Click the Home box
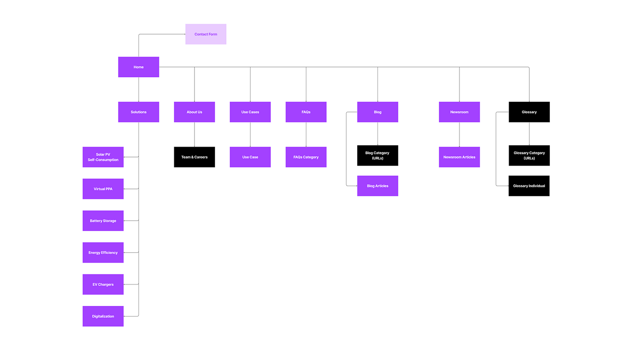tap(139, 67)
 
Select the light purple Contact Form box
tap(206, 34)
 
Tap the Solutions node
tap(139, 112)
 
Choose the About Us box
tap(194, 112)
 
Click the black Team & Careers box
tap(194, 157)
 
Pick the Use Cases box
tap(250, 112)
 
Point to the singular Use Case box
tap(250, 157)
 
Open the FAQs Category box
tap(306, 157)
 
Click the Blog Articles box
tap(377, 186)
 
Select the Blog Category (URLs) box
tap(377, 155)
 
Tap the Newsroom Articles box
tap(459, 157)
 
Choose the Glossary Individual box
tap(529, 186)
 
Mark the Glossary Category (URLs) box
tap(529, 155)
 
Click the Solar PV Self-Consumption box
tap(103, 157)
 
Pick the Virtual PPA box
tap(103, 189)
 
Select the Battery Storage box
tap(103, 221)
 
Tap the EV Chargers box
tap(103, 284)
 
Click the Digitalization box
tap(103, 316)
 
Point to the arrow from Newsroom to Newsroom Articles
tap(460, 134)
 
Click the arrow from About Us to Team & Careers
tap(194, 134)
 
